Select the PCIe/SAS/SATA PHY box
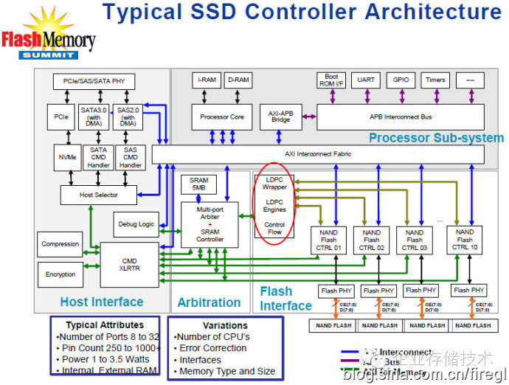coord(94,82)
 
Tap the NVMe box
coord(63,156)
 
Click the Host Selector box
coord(98,195)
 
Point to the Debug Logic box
coord(135,224)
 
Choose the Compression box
coord(60,244)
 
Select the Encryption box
coord(60,274)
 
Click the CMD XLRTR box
coord(128,263)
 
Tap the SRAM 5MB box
coord(198,184)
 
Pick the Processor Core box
coord(221,117)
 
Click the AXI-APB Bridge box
coord(280,117)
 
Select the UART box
coord(366,79)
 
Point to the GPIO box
coord(401,79)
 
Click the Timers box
coord(435,79)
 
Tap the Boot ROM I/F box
coord(331,79)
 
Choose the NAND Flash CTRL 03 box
coord(415,239)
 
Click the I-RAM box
coord(207,79)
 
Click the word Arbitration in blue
coord(209,302)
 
